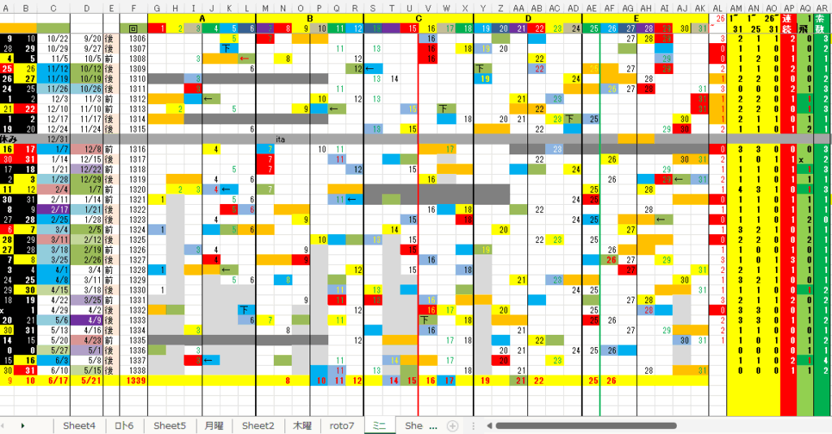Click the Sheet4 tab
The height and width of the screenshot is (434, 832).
pyautogui.click(x=79, y=425)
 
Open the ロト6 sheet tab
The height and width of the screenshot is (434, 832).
pyautogui.click(x=124, y=425)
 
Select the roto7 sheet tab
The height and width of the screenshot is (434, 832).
pyautogui.click(x=342, y=425)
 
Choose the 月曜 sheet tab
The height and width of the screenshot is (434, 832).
pyautogui.click(x=214, y=425)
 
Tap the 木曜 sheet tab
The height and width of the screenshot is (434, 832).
pyautogui.click(x=301, y=425)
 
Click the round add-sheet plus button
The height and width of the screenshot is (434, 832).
pyautogui.click(x=453, y=425)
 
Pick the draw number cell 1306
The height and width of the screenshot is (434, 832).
pyautogui.click(x=136, y=38)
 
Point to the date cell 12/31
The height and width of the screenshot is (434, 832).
pyautogui.click(x=58, y=139)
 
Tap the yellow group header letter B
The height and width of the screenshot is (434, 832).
pyautogui.click(x=310, y=18)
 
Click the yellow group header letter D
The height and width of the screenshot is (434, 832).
pyautogui.click(x=528, y=18)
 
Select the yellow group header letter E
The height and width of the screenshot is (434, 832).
pyautogui.click(x=635, y=18)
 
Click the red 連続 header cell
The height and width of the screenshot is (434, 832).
pyautogui.click(x=787, y=23)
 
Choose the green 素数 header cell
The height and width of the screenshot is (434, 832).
pyautogui.click(x=822, y=23)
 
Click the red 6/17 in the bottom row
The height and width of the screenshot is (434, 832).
pyautogui.click(x=58, y=380)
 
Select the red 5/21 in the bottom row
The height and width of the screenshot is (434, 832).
pyautogui.click(x=91, y=380)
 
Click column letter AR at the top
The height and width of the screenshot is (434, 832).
pyautogui.click(x=822, y=7)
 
